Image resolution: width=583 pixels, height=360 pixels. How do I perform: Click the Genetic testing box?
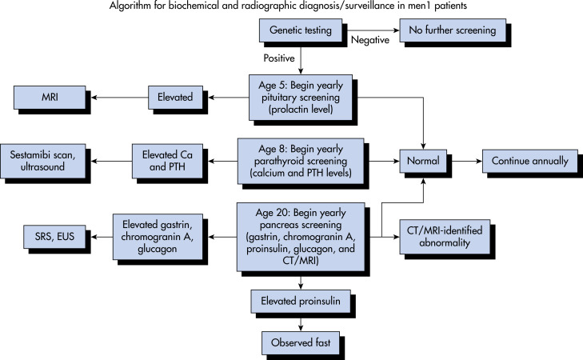tap(301, 30)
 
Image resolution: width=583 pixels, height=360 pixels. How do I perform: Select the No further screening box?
tap(453, 30)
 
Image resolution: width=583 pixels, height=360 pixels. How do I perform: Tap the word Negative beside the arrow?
tap(370, 40)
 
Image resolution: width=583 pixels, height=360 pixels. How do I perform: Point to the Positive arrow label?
tap(279, 58)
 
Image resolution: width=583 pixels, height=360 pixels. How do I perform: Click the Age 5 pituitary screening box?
tap(301, 98)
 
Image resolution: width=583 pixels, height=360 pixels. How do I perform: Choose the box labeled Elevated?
tap(175, 98)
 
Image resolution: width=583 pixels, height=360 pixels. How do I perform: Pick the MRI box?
tap(50, 98)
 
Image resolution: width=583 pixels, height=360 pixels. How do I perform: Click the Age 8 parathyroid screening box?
tap(301, 161)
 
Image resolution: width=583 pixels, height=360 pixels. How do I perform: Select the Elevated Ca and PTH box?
tap(167, 161)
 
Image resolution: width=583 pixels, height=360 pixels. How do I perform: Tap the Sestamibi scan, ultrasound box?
tap(42, 161)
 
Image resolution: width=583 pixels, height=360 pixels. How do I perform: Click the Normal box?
tap(423, 161)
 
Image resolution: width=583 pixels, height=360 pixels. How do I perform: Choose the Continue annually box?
tap(530, 161)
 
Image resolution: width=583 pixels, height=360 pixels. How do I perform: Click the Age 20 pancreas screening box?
tap(301, 237)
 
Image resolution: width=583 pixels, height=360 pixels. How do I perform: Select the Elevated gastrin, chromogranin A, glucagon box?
tap(158, 237)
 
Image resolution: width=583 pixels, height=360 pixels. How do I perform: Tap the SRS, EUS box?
tap(54, 237)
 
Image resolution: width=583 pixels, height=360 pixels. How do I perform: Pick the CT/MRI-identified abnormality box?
tap(445, 237)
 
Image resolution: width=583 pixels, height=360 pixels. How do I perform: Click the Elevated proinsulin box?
tap(301, 302)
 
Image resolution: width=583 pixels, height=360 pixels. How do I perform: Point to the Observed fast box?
tap(301, 343)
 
